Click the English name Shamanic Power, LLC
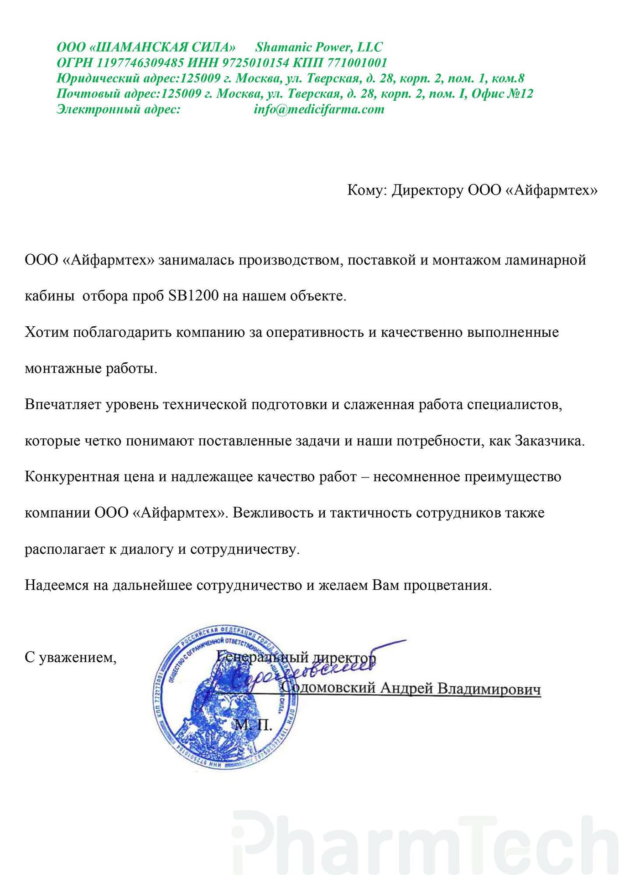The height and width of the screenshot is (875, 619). (x=318, y=47)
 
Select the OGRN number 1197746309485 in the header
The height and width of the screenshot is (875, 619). (x=140, y=62)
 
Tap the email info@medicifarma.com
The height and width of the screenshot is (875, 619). (x=319, y=109)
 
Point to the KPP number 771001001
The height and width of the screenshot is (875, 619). (x=357, y=62)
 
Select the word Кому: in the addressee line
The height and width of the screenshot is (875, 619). (x=367, y=190)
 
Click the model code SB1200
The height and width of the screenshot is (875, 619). (x=193, y=296)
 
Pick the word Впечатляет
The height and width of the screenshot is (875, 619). (x=63, y=405)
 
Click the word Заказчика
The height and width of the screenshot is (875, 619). (x=550, y=441)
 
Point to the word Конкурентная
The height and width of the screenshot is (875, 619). (x=73, y=477)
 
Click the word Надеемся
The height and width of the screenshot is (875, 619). (x=56, y=585)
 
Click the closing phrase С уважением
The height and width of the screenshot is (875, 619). (x=71, y=658)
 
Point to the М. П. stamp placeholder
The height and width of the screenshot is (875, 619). (x=253, y=725)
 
